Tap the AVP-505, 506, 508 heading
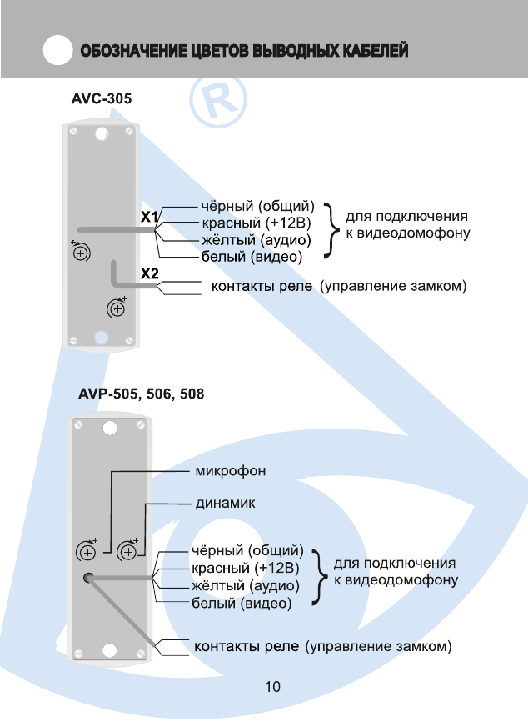pos(142,392)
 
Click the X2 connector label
pos(149,273)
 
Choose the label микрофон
pos(231,471)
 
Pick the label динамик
pos(225,504)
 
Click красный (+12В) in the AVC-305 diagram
pos(256,223)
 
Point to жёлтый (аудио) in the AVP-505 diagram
pos(240,586)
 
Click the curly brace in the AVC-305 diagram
pos(331,231)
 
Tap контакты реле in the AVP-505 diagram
pos(247,646)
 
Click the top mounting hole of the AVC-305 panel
pos(99,134)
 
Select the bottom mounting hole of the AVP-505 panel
pos(111,651)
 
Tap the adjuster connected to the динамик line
pos(127,550)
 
